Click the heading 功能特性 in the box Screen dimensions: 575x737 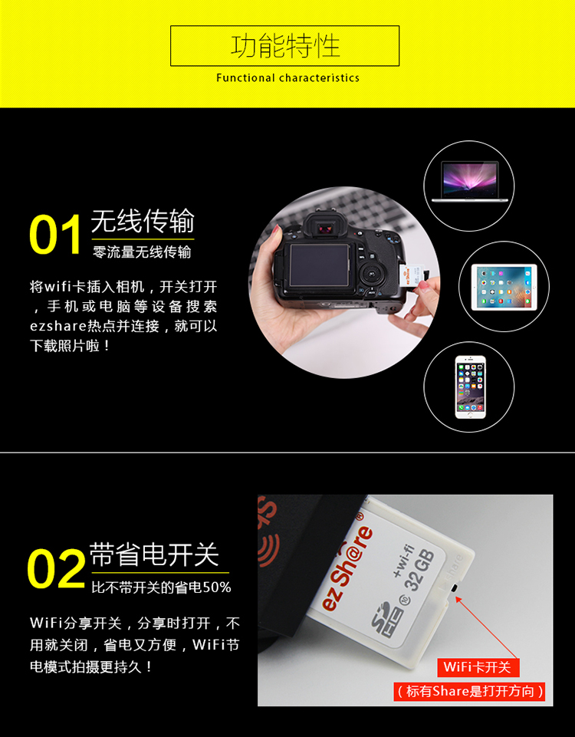click(285, 45)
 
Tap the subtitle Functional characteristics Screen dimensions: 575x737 click(287, 78)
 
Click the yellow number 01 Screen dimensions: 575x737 click(55, 235)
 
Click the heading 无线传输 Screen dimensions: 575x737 click(143, 222)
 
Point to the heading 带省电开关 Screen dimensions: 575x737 click(154, 554)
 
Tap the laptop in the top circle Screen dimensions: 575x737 click(469, 182)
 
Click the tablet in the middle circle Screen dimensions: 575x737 click(504, 287)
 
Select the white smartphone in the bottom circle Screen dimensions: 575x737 click(470, 387)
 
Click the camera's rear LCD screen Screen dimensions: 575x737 click(319, 265)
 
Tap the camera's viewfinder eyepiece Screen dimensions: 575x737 click(324, 228)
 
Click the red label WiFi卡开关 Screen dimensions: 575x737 click(477, 667)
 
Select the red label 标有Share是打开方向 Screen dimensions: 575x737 click(469, 692)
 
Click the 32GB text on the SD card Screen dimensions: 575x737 click(419, 569)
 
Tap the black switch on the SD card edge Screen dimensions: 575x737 click(455, 588)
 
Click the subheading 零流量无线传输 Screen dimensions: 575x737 click(142, 252)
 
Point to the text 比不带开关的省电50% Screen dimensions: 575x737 click(161, 587)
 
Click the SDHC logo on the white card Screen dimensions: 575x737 click(383, 623)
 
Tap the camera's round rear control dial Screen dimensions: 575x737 click(373, 272)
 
